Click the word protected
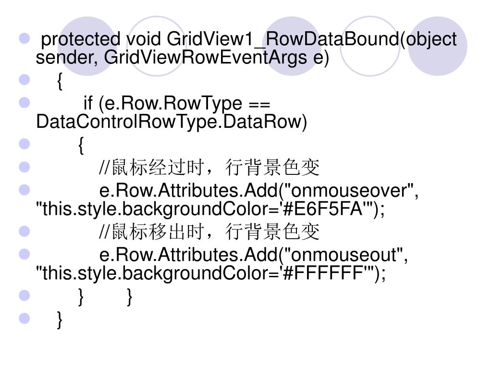[81, 39]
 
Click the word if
[88, 103]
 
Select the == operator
[259, 103]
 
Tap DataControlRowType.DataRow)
[171, 122]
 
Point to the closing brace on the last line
[59, 320]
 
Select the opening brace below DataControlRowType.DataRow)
[81, 145]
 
